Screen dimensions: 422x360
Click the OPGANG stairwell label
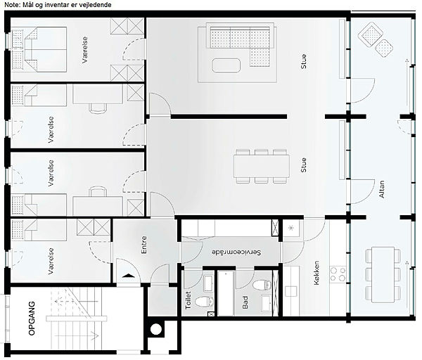tap(32, 319)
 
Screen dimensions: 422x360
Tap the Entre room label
tap(144, 245)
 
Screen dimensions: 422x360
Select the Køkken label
tap(316, 273)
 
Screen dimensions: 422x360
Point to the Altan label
tap(382, 189)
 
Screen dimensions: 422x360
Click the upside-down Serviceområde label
tap(236, 252)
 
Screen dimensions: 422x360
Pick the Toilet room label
tap(188, 300)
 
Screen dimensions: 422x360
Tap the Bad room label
tap(245, 302)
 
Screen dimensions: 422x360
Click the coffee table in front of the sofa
tap(226, 65)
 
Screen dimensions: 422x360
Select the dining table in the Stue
tap(262, 166)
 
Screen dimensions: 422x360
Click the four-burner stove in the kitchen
tap(338, 274)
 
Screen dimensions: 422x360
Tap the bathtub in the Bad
tap(226, 293)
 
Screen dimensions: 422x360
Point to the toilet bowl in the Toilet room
tap(203, 302)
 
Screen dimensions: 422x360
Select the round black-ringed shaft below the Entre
tap(155, 329)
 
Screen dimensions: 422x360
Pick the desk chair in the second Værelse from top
tap(98, 107)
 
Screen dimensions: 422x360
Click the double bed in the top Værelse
tap(39, 49)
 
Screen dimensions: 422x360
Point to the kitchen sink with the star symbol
tap(291, 229)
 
